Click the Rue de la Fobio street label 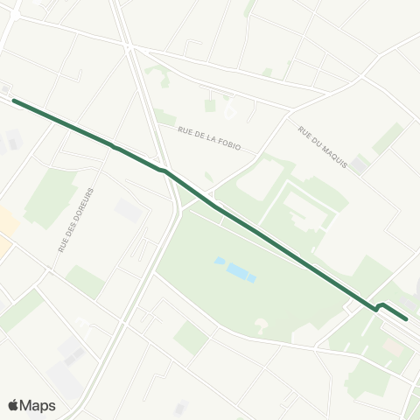pos(208,140)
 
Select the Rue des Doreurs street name pos(76,220)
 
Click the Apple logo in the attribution pos(14,405)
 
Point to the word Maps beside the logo pos(38,405)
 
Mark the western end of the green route pos(14,101)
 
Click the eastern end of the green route pos(405,319)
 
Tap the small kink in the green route pos(379,306)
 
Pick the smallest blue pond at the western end pos(218,261)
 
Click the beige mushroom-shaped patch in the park pos(260,326)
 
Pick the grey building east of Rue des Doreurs pos(128,211)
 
